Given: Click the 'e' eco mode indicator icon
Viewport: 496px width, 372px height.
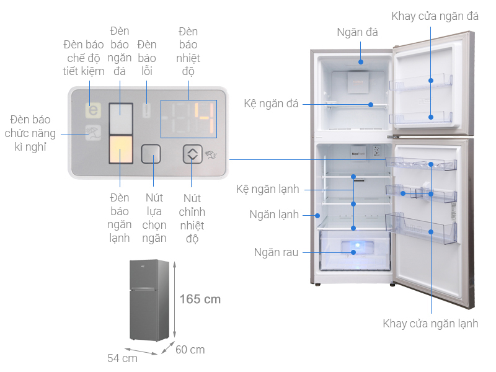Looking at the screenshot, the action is click(94, 110).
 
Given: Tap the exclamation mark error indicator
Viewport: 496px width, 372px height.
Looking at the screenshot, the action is click(146, 111).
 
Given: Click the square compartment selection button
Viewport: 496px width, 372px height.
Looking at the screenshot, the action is click(151, 154).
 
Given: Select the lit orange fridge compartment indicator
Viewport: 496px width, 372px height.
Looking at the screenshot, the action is click(121, 149).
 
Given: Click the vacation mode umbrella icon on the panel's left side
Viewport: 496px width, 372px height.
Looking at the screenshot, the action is click(94, 133).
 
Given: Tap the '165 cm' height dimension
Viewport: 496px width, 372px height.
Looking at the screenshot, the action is click(200, 299).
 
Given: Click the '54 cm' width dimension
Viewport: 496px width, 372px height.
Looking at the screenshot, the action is click(122, 358).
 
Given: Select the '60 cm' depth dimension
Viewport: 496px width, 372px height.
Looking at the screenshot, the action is click(190, 350).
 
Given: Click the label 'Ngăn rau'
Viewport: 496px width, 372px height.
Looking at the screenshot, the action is click(276, 252).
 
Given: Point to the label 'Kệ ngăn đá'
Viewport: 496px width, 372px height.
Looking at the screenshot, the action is click(271, 104).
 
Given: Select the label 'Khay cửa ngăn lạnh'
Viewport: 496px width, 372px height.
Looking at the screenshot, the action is click(430, 324).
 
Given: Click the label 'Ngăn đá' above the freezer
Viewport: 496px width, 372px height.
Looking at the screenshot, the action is click(358, 32).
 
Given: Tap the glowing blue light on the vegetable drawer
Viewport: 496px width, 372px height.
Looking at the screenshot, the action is click(358, 246).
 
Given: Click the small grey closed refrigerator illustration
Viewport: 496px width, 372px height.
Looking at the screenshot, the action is click(149, 300).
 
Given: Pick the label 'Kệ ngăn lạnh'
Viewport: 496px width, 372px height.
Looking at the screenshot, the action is click(268, 189).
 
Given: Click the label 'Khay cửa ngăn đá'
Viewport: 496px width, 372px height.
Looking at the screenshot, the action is click(435, 16).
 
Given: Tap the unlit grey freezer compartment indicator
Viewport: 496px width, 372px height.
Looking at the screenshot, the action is click(121, 118).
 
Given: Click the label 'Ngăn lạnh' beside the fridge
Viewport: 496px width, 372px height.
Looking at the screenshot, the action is click(274, 215).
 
